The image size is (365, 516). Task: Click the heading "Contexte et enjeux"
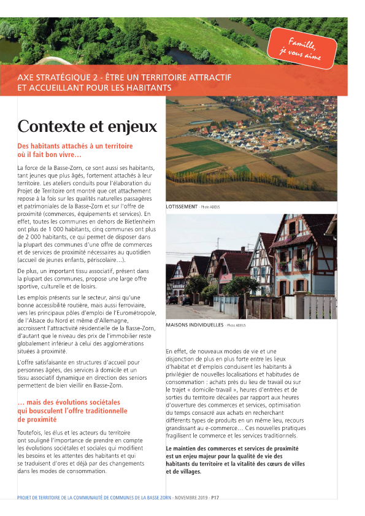[x=87, y=126]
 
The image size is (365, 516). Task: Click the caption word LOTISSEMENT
[x=182, y=207]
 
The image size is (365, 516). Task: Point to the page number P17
[x=215, y=498]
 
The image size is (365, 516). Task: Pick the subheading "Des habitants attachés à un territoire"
[x=75, y=146]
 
